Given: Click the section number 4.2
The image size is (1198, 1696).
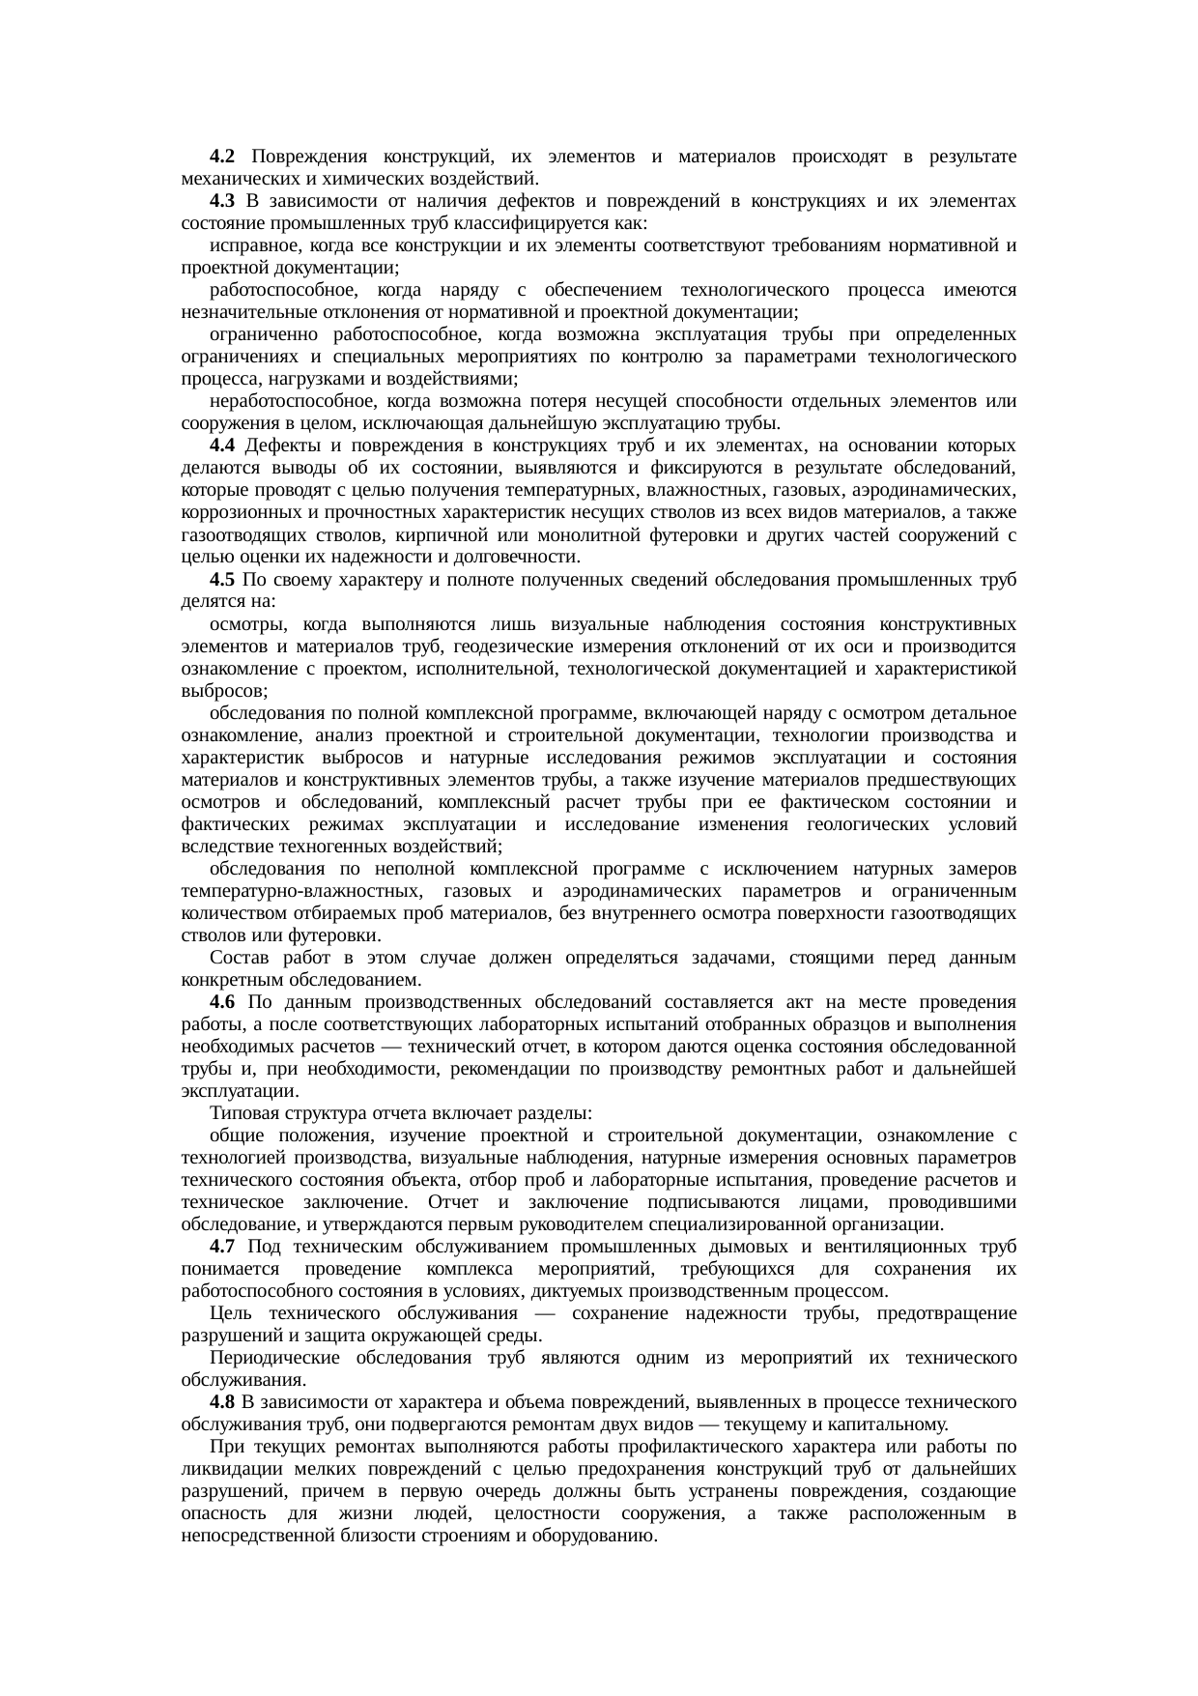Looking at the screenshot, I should click(x=221, y=157).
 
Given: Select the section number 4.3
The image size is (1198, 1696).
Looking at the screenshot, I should click(x=221, y=201).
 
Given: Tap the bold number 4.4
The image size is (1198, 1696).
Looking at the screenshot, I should click(x=221, y=446).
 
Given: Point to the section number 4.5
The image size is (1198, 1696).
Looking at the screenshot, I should click(x=221, y=580).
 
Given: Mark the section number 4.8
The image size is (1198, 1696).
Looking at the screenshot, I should click(x=221, y=1402).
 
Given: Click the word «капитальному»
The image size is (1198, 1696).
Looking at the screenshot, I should click(x=894, y=1424).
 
